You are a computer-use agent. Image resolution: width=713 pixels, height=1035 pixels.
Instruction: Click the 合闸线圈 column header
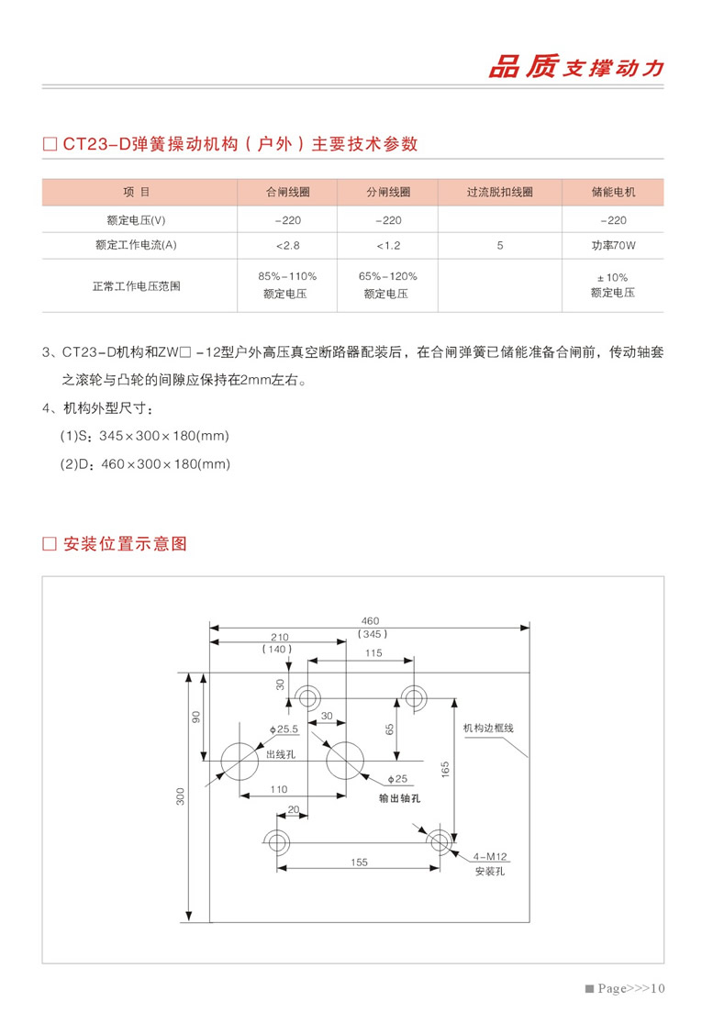(x=287, y=193)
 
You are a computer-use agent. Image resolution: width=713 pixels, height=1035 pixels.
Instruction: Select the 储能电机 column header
(x=613, y=193)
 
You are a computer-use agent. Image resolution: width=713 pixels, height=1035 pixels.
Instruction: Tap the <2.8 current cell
(x=287, y=246)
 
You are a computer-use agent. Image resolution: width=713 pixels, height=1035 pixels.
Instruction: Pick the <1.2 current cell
(x=388, y=246)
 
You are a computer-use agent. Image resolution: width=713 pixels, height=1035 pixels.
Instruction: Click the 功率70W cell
(x=613, y=246)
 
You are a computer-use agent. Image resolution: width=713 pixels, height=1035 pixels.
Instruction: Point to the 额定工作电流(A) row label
(x=136, y=246)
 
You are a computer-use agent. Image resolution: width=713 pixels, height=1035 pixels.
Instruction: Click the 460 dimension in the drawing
(x=370, y=620)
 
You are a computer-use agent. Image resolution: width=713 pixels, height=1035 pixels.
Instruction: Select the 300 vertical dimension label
(x=181, y=796)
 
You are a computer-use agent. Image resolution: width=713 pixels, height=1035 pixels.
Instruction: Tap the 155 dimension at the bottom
(x=359, y=862)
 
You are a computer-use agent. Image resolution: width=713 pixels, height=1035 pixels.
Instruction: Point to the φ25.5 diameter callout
(x=284, y=729)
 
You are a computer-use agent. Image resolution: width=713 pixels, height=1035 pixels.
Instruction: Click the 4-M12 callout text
(x=490, y=856)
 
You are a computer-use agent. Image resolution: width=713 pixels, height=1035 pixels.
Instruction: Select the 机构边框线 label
(x=488, y=728)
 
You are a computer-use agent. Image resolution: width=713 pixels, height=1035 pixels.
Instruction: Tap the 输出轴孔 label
(x=400, y=798)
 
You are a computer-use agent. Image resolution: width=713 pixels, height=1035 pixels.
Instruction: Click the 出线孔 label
(x=280, y=754)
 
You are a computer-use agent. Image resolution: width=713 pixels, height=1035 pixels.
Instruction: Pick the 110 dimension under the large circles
(x=279, y=789)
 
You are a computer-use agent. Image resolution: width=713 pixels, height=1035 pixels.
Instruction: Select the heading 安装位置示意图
(x=126, y=543)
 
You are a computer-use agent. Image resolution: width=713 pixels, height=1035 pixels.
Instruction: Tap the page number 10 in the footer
(x=656, y=988)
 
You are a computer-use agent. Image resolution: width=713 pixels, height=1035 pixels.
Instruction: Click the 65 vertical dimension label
(x=389, y=729)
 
